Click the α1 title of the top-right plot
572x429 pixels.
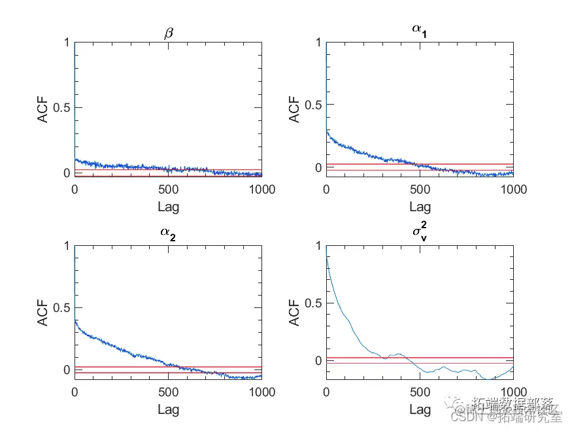420,30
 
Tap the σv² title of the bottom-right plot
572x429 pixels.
420,232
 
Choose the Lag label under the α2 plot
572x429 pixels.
168,410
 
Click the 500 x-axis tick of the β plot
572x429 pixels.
168,190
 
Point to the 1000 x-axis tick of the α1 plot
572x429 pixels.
513,190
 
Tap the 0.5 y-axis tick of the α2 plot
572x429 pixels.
60,307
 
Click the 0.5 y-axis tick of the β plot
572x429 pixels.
60,108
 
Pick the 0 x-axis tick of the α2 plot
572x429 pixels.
75,392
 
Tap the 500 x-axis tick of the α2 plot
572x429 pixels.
168,392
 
